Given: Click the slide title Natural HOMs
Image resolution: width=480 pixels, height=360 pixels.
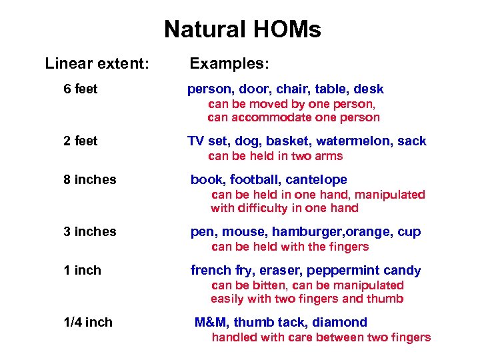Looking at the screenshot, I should click(242, 30).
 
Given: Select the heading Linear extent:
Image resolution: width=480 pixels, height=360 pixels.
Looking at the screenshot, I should click(97, 64).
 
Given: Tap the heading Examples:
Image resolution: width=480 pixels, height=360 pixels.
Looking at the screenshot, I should click(229, 64).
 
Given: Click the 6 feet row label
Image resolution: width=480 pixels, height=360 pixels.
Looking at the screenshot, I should click(81, 89).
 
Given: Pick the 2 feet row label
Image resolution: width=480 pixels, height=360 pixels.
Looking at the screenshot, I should click(81, 141).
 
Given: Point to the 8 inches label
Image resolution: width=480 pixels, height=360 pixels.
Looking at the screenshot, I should click(89, 180).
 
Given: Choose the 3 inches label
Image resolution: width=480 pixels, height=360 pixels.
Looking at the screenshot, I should click(89, 232).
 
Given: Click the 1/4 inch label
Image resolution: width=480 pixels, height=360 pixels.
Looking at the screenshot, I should click(87, 323).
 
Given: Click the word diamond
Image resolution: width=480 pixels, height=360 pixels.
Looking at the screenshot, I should click(343, 323).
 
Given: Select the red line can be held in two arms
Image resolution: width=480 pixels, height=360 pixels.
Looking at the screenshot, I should click(275, 157).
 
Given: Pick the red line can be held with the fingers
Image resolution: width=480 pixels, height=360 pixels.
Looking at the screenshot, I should click(290, 247).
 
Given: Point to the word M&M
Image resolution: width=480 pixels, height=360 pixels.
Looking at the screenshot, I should click(211, 323).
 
